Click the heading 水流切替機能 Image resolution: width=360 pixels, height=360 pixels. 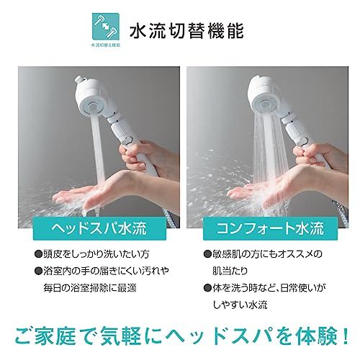click(187, 32)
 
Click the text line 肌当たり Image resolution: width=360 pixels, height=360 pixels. click(218, 271)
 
